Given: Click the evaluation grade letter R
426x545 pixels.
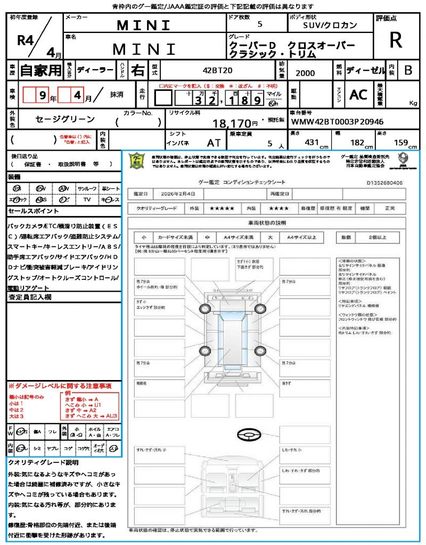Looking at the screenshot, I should click(x=396, y=40).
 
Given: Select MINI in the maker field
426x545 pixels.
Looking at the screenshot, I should click(x=144, y=25).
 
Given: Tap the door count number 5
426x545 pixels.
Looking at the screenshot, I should click(x=259, y=24).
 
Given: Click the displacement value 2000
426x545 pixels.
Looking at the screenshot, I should click(x=305, y=73).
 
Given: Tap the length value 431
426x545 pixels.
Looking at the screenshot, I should click(x=312, y=143).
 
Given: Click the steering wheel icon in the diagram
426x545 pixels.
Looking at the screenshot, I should click(x=251, y=435).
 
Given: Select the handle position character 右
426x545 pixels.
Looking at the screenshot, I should click(x=137, y=70).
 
